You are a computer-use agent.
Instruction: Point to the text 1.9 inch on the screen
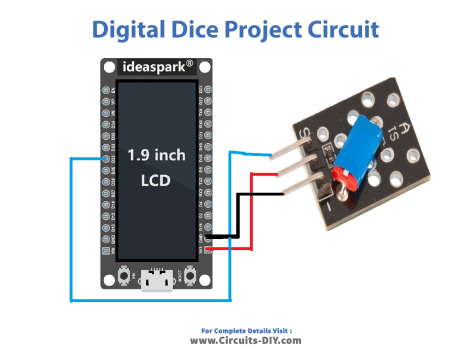156,155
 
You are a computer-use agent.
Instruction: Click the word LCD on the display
156,183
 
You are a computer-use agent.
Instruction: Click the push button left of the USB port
125,276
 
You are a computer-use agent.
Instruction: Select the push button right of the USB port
187,276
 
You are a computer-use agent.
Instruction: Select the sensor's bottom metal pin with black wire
303,189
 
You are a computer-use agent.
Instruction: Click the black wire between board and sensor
239,215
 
